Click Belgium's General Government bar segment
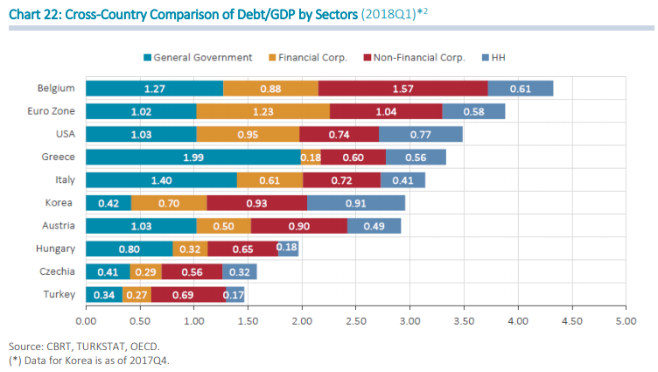click(x=155, y=88)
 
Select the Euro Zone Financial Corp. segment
click(x=263, y=111)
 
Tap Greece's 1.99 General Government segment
click(x=193, y=157)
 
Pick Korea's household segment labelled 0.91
click(x=356, y=202)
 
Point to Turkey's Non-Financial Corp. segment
click(x=188, y=294)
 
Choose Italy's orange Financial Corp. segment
click(x=269, y=179)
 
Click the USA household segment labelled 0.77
click(x=421, y=134)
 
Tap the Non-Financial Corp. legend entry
click(x=416, y=57)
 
